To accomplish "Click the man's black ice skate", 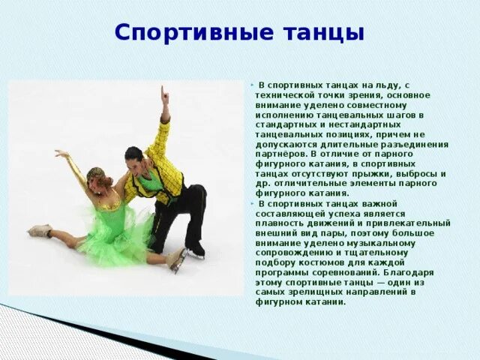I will [196, 251].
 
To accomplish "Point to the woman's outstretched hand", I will [61, 154].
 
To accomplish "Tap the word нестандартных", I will [367, 124].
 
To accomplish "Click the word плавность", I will [278, 223].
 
